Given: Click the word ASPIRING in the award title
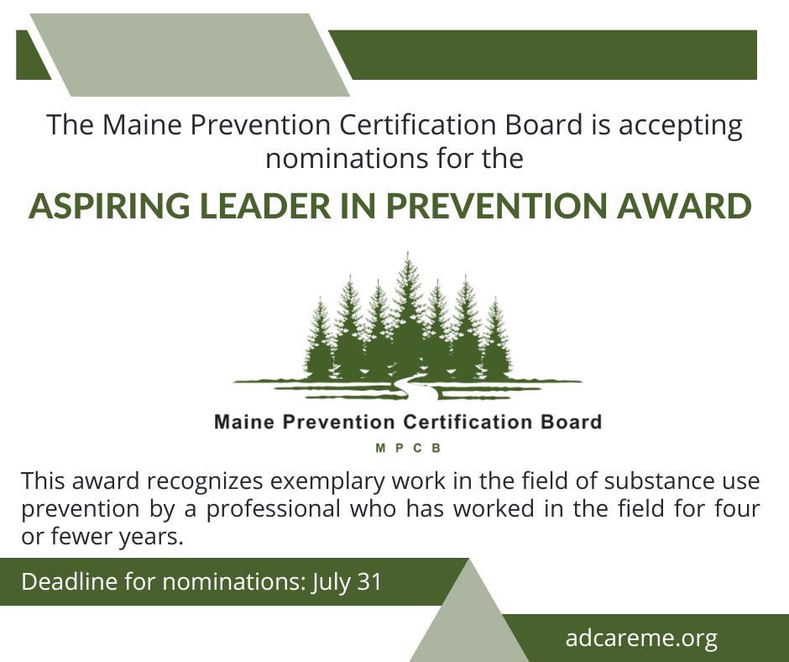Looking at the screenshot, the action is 109,206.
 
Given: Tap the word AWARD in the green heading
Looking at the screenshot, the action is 684,206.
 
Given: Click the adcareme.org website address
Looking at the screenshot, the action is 641,638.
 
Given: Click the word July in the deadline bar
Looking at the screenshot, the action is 331,582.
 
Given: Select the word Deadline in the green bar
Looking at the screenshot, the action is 70,581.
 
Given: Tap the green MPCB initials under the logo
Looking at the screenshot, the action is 408,448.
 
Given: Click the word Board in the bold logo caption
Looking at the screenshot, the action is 571,422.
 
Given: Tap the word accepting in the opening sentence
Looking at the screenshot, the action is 681,126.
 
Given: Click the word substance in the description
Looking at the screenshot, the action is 657,481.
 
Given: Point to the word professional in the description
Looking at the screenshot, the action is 274,509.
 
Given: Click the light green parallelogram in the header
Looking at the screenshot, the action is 190,55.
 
